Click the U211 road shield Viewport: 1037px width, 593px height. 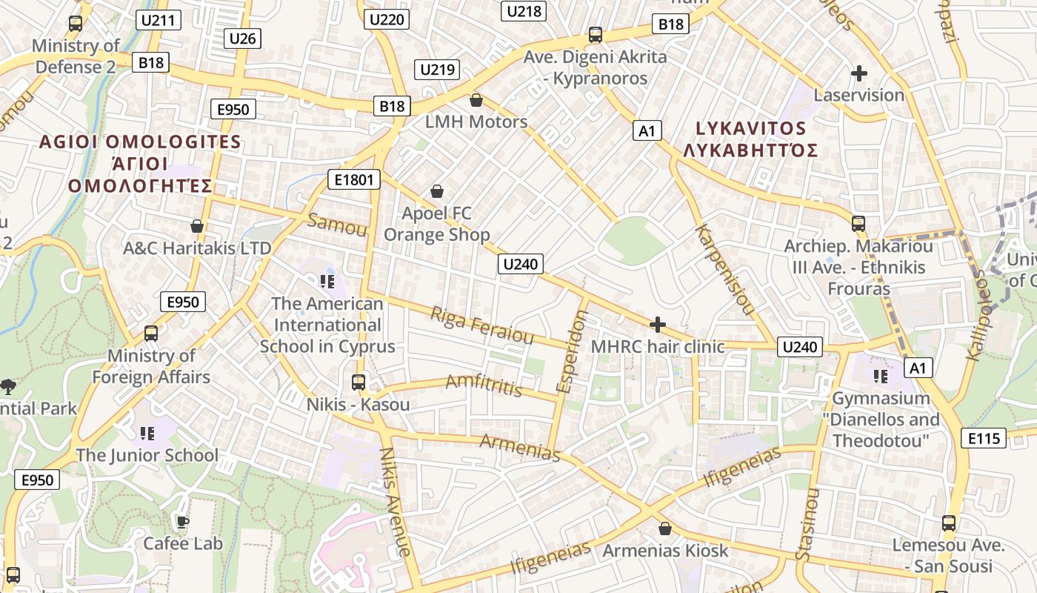tap(159, 20)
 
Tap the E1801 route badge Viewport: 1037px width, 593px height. tap(355, 179)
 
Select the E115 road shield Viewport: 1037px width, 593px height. tap(984, 438)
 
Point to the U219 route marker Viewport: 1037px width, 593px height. tap(437, 70)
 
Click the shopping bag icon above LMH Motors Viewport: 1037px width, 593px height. tap(476, 100)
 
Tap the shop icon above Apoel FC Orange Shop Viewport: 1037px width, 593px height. tap(437, 192)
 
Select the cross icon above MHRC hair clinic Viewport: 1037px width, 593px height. tap(657, 325)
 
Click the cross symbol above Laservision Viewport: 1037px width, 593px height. tap(859, 73)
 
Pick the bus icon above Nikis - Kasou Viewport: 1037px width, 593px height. tap(359, 382)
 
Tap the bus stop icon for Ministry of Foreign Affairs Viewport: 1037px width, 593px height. tap(151, 334)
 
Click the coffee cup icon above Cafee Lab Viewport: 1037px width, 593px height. tap(182, 522)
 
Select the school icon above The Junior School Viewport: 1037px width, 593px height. tap(147, 433)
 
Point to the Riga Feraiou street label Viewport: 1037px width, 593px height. tap(481, 326)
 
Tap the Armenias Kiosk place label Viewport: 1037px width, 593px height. tap(665, 551)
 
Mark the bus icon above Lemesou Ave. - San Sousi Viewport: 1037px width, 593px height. tap(949, 523)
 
